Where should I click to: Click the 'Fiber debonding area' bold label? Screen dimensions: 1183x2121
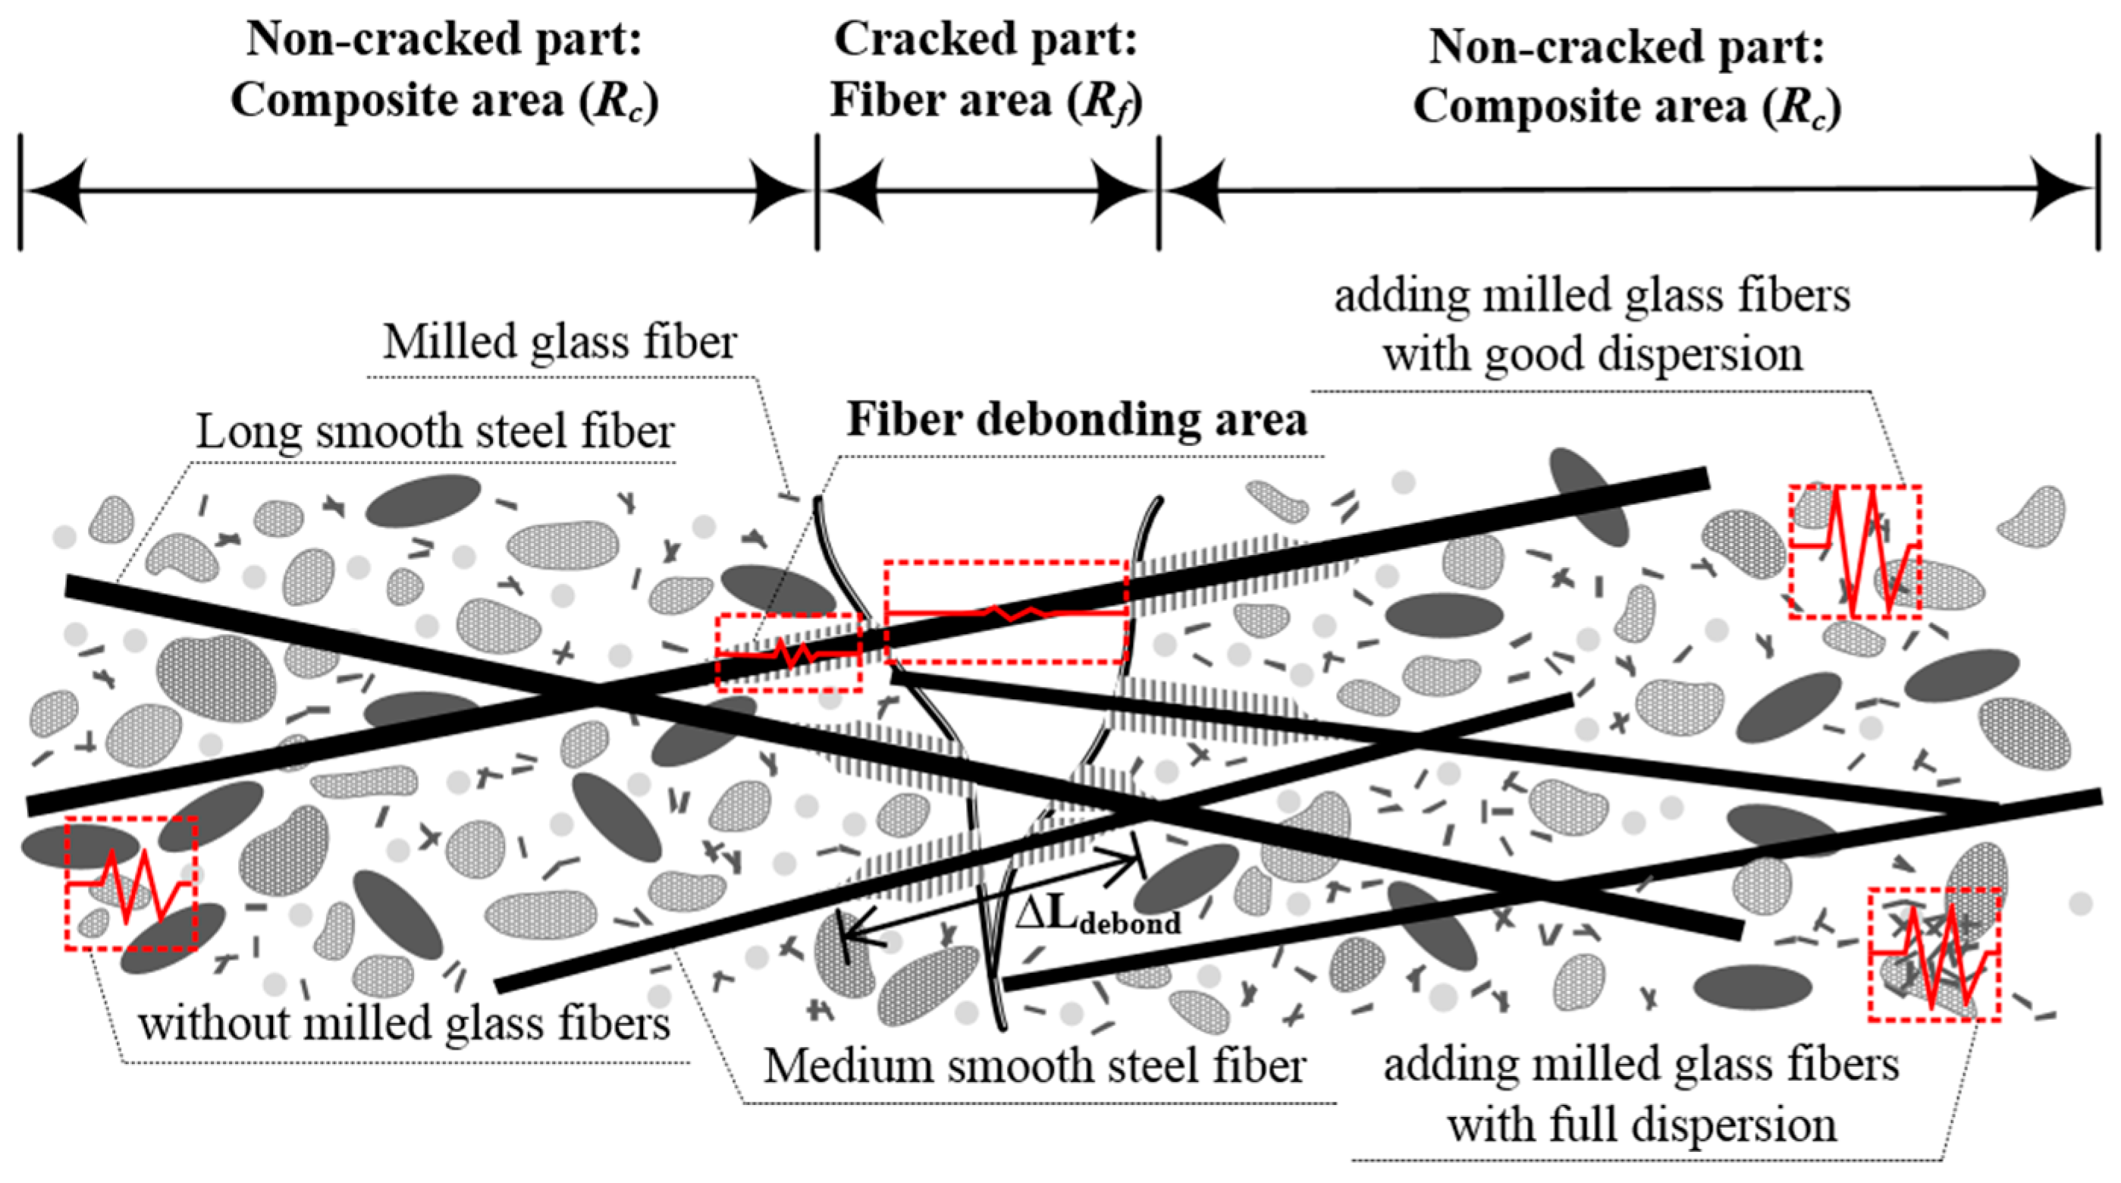pos(1077,420)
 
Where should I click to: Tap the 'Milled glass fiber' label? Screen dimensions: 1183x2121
pos(560,342)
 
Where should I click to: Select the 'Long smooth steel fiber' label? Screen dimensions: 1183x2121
pos(435,431)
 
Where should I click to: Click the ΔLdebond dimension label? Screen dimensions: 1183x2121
pos(1097,915)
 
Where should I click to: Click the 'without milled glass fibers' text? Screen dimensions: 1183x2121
pos(403,1024)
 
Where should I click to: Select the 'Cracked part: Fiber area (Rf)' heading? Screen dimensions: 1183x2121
pos(986,70)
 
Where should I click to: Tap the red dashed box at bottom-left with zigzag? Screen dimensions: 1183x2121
pos(131,883)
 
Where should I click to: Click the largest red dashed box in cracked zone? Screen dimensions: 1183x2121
pos(1006,612)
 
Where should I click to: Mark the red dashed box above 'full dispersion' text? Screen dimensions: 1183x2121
pos(1933,955)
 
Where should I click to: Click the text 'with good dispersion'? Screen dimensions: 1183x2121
pos(1592,354)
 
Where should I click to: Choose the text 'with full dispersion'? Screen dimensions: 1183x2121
pos(1642,1124)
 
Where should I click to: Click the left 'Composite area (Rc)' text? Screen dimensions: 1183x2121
pos(444,100)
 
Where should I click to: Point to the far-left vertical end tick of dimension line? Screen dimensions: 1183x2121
pos(20,191)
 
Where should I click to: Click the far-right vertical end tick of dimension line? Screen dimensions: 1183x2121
pos(2097,191)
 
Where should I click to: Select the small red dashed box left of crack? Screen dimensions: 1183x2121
pos(789,653)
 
